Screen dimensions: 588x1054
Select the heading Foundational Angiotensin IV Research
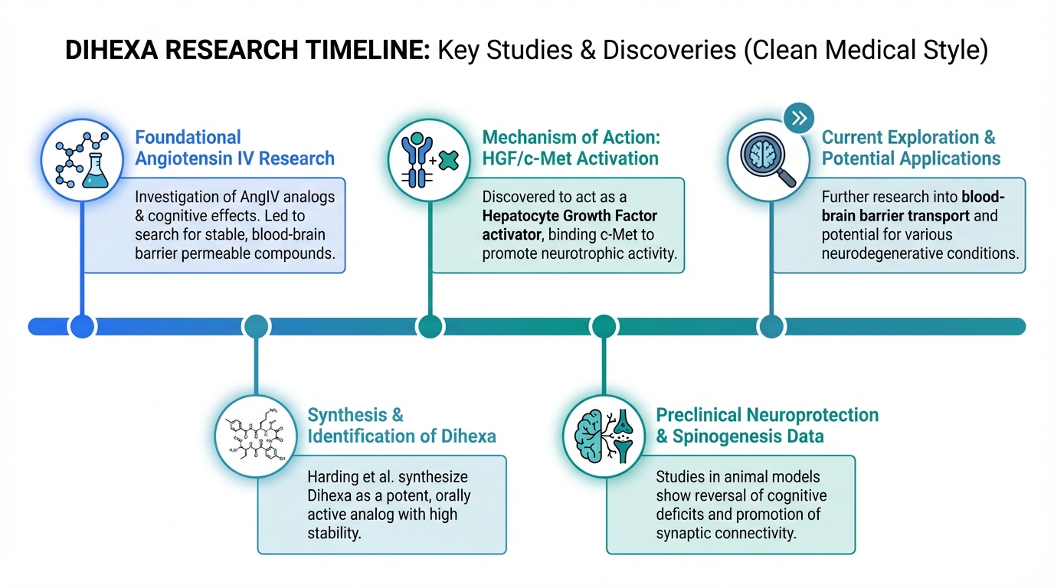(x=234, y=148)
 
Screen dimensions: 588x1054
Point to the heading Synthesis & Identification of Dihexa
(x=401, y=426)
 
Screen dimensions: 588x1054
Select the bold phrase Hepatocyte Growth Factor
(x=570, y=216)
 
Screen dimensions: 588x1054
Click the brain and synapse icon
(x=604, y=433)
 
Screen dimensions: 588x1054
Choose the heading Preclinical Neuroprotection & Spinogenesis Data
(x=767, y=426)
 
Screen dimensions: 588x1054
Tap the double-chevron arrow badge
(x=799, y=118)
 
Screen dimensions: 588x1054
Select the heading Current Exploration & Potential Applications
(x=911, y=148)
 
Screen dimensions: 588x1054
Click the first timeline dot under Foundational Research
(x=82, y=326)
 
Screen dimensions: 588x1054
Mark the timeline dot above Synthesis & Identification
(x=256, y=326)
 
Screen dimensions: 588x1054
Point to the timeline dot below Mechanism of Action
(x=430, y=326)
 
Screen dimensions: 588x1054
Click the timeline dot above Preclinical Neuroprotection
(x=604, y=326)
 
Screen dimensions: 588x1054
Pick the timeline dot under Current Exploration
(x=771, y=326)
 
